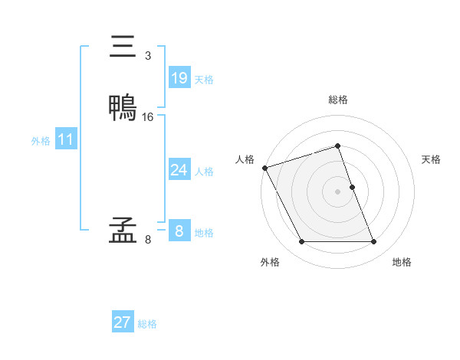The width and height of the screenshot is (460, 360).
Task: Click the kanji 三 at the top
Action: [x=123, y=47]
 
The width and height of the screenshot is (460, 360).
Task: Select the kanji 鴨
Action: [x=123, y=108]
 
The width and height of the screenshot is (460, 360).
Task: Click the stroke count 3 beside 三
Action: [x=147, y=56]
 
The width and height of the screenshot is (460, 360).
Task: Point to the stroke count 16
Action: [x=148, y=117]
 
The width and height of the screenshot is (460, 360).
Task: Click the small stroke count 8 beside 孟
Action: [x=147, y=240]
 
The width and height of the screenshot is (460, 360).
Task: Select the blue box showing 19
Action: [x=179, y=78]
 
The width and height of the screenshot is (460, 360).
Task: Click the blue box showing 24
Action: [x=179, y=170]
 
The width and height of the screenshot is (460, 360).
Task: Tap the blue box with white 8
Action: [x=179, y=231]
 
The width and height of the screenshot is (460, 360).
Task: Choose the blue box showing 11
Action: [x=65, y=139]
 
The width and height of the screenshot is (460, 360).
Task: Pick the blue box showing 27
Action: [x=122, y=322]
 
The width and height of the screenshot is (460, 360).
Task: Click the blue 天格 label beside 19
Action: [x=204, y=80]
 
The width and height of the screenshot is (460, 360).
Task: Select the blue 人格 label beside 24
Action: [x=204, y=172]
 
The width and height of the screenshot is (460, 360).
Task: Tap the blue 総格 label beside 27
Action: [x=147, y=324]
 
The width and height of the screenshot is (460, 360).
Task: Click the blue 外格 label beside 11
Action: [x=41, y=141]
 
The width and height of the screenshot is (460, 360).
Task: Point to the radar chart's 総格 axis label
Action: [x=337, y=100]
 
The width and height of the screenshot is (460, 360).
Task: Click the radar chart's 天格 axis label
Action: [x=431, y=159]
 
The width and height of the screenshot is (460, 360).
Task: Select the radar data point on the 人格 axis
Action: [x=264, y=168]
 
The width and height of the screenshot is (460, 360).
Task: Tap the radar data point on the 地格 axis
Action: [x=373, y=242]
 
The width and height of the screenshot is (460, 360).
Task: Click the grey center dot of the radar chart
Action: [x=337, y=191]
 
